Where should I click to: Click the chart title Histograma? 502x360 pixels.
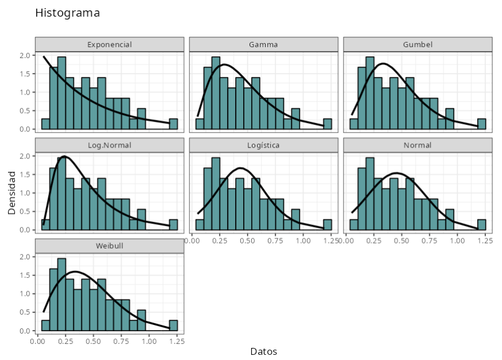click(x=67, y=13)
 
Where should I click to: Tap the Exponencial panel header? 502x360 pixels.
click(x=110, y=44)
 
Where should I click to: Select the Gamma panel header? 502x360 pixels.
click(x=263, y=44)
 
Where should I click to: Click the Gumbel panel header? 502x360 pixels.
click(x=418, y=44)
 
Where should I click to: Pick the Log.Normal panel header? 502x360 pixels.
click(x=110, y=145)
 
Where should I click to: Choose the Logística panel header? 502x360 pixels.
click(x=263, y=145)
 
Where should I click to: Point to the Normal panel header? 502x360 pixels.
click(x=418, y=145)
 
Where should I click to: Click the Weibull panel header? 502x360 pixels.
click(x=110, y=246)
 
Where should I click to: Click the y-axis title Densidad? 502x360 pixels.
click(x=12, y=192)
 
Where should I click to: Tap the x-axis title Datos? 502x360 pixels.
click(x=263, y=351)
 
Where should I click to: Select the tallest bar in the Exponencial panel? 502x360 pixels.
click(x=61, y=93)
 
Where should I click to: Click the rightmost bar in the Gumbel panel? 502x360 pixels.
click(x=482, y=124)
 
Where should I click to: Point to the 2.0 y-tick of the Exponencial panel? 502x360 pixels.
click(x=24, y=56)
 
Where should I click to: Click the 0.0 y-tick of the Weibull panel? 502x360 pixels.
click(x=24, y=331)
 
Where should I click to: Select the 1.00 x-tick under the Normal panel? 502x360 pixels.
click(x=457, y=241)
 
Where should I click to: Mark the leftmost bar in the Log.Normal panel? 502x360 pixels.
click(x=45, y=224)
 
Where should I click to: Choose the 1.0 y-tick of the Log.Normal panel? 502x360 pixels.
click(x=24, y=193)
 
